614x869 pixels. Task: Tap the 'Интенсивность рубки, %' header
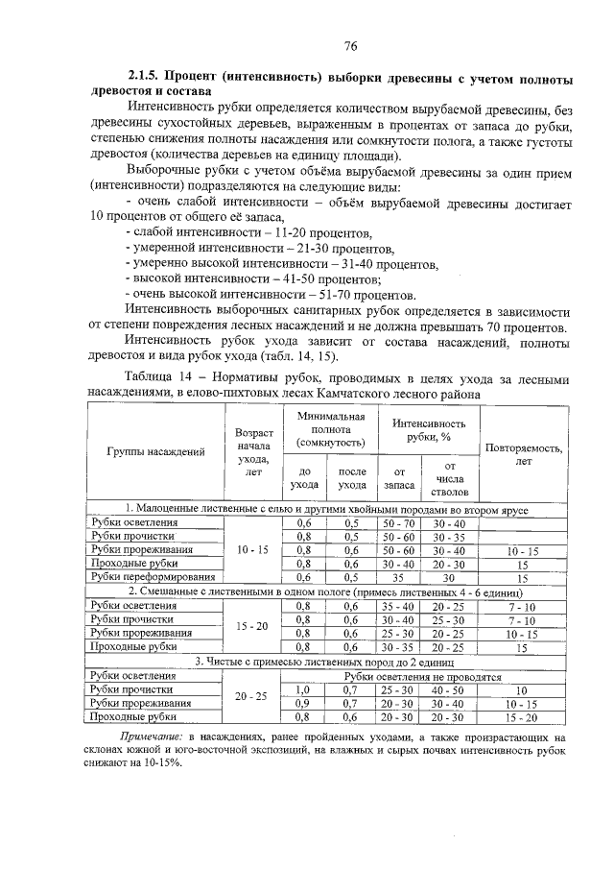pyautogui.click(x=427, y=429)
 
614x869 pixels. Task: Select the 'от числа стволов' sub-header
pyautogui.click(x=449, y=478)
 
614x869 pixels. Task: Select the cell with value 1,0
pyautogui.click(x=304, y=689)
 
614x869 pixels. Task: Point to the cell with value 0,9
pyautogui.click(x=304, y=703)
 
